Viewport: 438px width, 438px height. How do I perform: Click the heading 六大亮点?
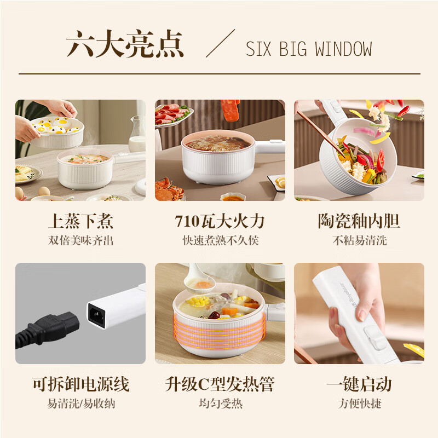125,45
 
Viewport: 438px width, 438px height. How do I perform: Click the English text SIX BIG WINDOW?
309,49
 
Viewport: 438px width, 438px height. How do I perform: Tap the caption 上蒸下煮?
80,222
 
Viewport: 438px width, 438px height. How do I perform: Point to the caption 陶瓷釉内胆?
359,222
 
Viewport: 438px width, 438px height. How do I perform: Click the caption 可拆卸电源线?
80,384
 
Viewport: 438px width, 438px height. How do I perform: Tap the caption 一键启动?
359,384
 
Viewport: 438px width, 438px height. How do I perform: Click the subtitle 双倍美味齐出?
80,240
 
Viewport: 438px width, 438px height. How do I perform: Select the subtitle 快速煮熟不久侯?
220,240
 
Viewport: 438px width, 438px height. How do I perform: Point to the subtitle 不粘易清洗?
359,240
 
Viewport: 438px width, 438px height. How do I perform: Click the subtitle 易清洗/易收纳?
80,404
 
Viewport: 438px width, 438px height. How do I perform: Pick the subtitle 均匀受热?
220,404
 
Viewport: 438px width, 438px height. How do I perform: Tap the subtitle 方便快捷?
359,404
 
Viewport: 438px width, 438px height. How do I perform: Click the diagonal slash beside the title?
220,43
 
